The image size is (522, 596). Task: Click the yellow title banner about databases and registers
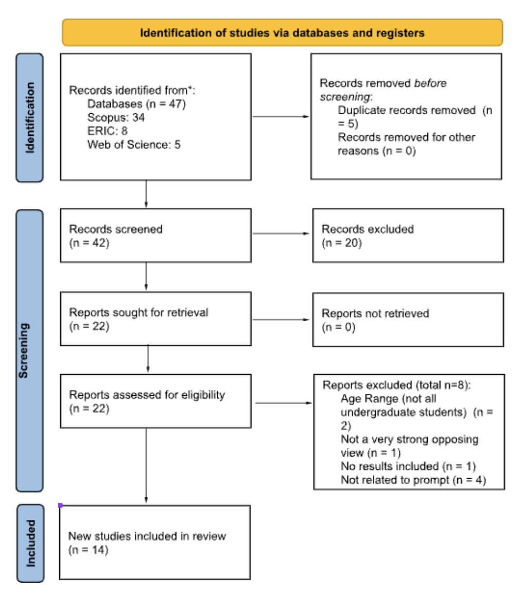[282, 33]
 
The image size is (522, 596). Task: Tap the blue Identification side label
[30, 118]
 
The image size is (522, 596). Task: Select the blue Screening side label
[30, 350]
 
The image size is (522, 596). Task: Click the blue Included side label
[30, 543]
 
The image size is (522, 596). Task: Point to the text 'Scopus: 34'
[116, 117]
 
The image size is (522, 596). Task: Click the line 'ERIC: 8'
[107, 131]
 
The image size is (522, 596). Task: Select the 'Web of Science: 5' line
[134, 145]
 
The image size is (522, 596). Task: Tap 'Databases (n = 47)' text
[136, 104]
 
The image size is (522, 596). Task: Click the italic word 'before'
[430, 83]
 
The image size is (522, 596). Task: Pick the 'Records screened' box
[155, 235]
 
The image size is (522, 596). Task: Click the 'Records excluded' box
[408, 235]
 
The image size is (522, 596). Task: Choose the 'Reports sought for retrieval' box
[155, 319]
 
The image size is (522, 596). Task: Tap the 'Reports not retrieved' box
[408, 319]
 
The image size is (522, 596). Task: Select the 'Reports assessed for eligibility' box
[155, 401]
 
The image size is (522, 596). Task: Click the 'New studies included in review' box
[155, 542]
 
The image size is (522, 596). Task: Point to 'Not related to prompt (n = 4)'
[413, 480]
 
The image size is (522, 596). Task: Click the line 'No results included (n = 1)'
[408, 466]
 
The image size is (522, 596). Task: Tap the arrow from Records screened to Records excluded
[281, 233]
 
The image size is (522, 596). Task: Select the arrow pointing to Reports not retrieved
[281, 320]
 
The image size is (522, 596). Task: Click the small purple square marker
[60, 505]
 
